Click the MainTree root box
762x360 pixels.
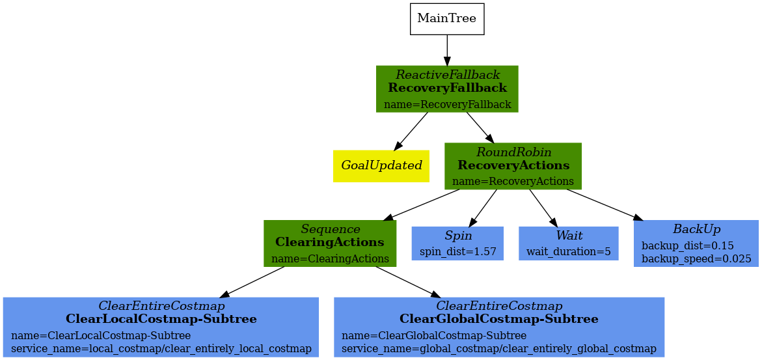pyautogui.click(x=446, y=18)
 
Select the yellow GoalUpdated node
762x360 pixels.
pyautogui.click(x=381, y=165)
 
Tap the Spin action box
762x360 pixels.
pyautogui.click(x=457, y=243)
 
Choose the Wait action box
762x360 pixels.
pyautogui.click(x=568, y=243)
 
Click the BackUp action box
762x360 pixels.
pyautogui.click(x=696, y=243)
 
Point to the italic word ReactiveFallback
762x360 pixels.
pyautogui.click(x=448, y=75)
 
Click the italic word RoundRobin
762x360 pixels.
pyautogui.click(x=513, y=152)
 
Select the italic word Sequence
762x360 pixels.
pyautogui.click(x=330, y=229)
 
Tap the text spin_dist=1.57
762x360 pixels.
pyautogui.click(x=457, y=251)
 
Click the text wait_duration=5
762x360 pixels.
pyautogui.click(x=568, y=251)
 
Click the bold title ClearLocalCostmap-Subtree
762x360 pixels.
pyautogui.click(x=161, y=319)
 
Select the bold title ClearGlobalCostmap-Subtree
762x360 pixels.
pyautogui.click(x=498, y=319)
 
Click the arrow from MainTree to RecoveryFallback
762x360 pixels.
pyautogui.click(x=447, y=50)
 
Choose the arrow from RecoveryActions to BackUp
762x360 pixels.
pyautogui.click(x=602, y=204)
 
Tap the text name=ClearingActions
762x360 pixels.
pyautogui.click(x=330, y=258)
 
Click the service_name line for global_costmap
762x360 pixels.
pyautogui.click(x=498, y=348)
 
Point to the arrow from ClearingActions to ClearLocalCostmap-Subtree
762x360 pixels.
pyautogui.click(x=254, y=282)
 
